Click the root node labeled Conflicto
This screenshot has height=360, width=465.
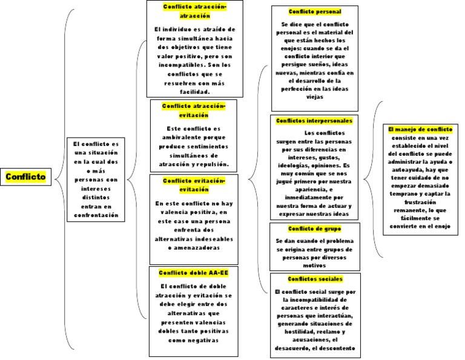click(x=25, y=177)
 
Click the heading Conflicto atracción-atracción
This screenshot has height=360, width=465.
click(x=194, y=11)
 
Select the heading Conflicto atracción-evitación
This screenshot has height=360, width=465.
click(x=193, y=110)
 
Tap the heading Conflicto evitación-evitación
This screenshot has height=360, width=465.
click(x=193, y=185)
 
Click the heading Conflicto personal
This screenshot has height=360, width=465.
click(x=314, y=12)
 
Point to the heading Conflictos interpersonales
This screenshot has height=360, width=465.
click(x=314, y=121)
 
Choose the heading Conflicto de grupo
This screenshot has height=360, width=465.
click(x=314, y=228)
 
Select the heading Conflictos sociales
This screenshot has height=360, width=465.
click(x=315, y=279)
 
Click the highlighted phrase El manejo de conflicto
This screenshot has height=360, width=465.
click(x=420, y=129)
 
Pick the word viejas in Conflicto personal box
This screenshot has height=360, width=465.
click(x=315, y=96)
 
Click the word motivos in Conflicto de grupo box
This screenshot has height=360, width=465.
click(x=314, y=265)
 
